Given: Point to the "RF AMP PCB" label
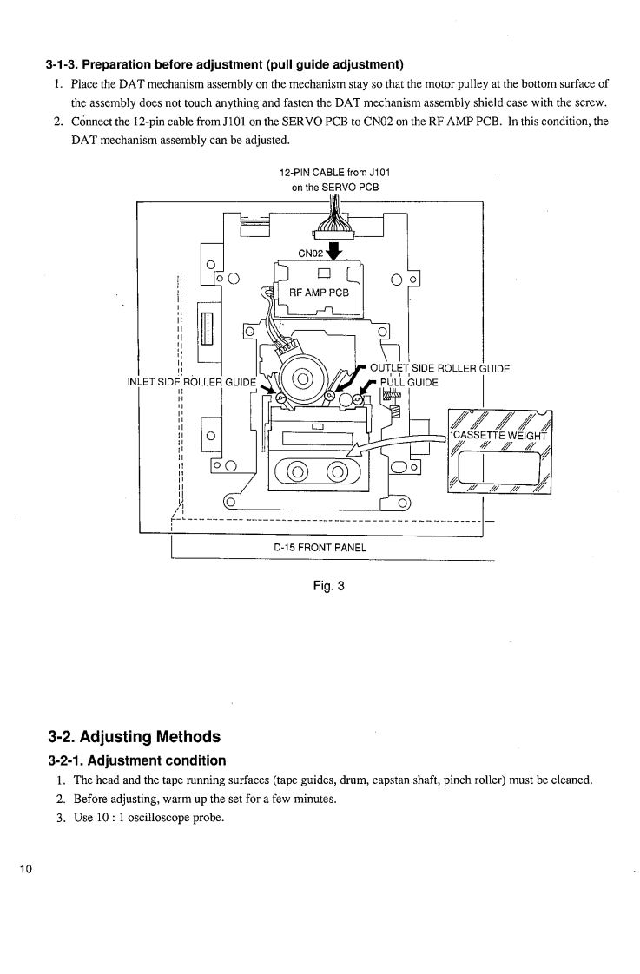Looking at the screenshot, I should (x=319, y=293).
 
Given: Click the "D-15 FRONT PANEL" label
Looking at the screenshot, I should (x=320, y=547).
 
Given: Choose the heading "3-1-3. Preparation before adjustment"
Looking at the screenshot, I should (x=226, y=63).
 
